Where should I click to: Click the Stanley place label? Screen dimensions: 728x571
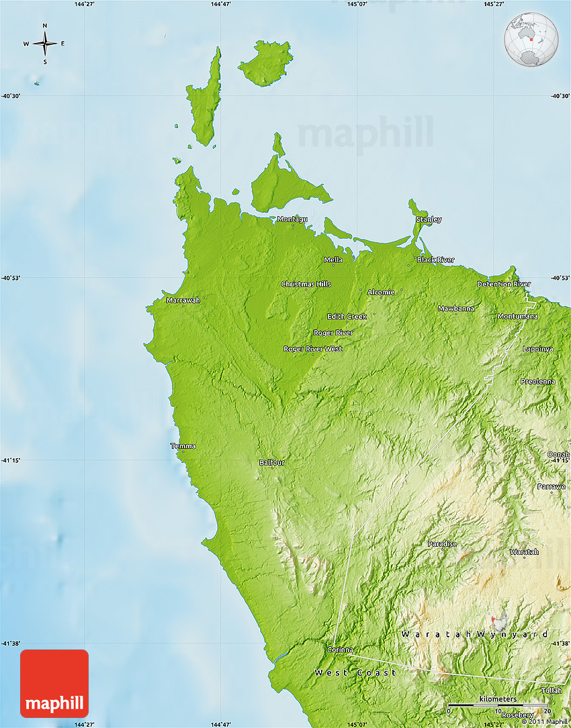429,219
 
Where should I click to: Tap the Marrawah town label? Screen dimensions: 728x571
183,300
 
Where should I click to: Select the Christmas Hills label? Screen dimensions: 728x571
306,284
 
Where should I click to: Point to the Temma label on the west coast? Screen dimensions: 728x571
183,446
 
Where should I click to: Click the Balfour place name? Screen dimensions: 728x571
272,462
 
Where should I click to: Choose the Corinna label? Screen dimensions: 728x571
340,649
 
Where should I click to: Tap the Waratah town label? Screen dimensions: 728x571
524,552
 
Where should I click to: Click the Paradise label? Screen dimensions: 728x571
442,543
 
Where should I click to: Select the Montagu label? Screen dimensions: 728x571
292,219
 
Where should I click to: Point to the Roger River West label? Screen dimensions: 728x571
312,348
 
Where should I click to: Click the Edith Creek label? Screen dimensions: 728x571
347,316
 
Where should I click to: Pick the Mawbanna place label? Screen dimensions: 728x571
455,308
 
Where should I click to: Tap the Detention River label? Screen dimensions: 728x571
504,284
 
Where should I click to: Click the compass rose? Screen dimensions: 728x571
45,44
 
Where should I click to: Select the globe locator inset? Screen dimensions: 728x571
531,40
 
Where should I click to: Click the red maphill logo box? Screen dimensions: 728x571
54,683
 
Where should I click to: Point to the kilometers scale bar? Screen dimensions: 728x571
497,705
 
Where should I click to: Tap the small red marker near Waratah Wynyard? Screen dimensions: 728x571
494,619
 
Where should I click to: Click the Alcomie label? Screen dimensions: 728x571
381,292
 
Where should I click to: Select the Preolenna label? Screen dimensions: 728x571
538,381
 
